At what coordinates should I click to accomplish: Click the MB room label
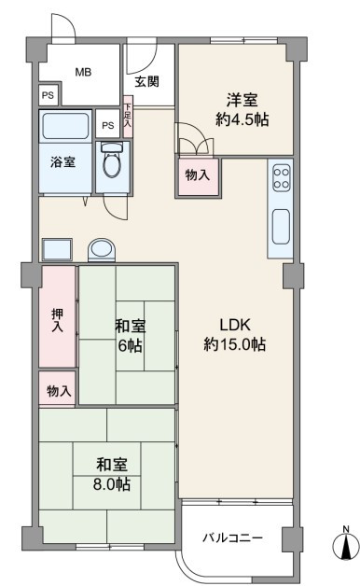(x=83, y=72)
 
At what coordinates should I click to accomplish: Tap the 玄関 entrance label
(x=147, y=81)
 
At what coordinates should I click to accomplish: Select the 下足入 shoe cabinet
(x=128, y=117)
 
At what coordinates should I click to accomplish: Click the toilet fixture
(x=112, y=160)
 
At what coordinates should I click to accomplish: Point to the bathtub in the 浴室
(x=65, y=126)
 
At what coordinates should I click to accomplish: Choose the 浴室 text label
(x=63, y=162)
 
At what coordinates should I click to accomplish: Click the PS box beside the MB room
(x=48, y=95)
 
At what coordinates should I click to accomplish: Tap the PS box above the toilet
(x=107, y=125)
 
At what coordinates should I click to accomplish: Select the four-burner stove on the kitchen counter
(x=282, y=178)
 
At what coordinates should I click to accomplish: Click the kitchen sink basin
(x=282, y=227)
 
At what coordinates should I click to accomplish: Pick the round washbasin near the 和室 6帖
(x=102, y=249)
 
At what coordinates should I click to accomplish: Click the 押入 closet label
(x=57, y=320)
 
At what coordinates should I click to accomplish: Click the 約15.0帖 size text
(x=234, y=343)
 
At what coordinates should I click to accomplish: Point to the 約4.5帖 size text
(x=242, y=119)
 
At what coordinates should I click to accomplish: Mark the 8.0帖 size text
(x=112, y=484)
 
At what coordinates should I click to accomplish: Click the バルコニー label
(x=232, y=538)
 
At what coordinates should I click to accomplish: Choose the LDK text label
(x=235, y=325)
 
